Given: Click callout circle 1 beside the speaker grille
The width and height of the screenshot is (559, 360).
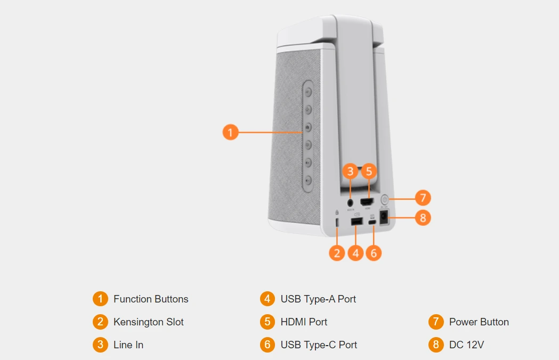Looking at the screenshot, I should click(x=230, y=132).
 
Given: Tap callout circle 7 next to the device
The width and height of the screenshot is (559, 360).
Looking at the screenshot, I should click(x=423, y=198).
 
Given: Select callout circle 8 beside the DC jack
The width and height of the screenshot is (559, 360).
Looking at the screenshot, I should click(x=423, y=218).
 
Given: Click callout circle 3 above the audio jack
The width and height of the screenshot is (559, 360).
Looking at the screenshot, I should click(x=350, y=171).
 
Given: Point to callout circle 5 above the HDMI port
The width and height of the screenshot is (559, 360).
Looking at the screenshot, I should click(x=369, y=171).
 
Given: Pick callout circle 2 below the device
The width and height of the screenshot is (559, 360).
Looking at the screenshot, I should click(x=337, y=252).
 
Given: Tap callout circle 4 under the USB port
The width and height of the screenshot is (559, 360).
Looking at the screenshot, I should click(x=355, y=252).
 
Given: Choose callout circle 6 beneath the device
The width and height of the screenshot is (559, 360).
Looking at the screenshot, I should click(x=374, y=252).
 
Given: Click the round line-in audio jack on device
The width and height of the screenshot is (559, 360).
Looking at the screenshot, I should click(x=350, y=202).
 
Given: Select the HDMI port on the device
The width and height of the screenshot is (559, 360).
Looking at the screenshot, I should click(x=367, y=202).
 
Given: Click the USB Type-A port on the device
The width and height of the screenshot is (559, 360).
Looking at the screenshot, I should click(x=357, y=221).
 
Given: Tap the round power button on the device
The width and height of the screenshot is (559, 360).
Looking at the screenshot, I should click(x=386, y=200).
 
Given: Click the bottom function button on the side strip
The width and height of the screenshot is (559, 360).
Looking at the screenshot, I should click(x=309, y=180).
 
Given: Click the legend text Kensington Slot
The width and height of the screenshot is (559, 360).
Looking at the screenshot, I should click(x=148, y=322).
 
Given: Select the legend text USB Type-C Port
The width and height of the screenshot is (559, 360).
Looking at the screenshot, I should click(x=319, y=345).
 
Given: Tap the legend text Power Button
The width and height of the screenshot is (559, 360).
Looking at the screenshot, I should click(x=479, y=322).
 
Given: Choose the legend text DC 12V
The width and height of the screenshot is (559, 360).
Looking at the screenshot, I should click(x=466, y=345).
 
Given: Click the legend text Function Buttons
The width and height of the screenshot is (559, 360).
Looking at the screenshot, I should click(x=151, y=299).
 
